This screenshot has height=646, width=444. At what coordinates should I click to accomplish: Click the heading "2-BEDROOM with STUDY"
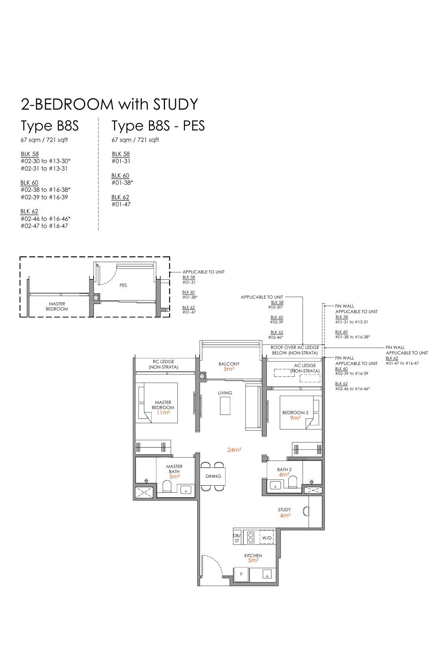point(109,104)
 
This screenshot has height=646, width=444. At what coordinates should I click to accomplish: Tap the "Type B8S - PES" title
point(158,126)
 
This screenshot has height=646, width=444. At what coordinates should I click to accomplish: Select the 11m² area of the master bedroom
point(163,413)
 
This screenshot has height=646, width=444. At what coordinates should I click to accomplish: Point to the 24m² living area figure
point(234,450)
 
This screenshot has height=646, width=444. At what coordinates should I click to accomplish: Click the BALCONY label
point(229,364)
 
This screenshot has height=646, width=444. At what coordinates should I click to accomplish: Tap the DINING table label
point(213,476)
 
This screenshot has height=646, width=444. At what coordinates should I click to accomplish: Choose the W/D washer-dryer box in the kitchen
point(267,538)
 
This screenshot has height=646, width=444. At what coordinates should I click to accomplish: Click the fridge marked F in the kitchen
point(242,574)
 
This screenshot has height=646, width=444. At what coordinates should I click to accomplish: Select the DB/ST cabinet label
point(237,538)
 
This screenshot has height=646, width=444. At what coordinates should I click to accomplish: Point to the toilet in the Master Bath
point(167,486)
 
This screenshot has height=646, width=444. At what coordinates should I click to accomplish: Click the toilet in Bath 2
point(293,482)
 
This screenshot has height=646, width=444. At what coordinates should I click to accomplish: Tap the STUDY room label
point(284,510)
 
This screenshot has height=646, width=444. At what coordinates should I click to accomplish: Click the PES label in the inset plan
point(123,285)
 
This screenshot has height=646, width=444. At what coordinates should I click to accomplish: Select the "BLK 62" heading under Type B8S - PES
point(121,197)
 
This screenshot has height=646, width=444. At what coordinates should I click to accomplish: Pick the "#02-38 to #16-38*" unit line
point(46,190)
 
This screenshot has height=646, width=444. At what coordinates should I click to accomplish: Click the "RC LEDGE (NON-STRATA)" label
point(163,364)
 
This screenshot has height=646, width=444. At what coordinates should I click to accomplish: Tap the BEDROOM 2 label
point(295,413)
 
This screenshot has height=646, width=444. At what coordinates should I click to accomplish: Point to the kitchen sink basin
point(267,574)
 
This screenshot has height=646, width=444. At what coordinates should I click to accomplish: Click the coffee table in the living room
point(225,406)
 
